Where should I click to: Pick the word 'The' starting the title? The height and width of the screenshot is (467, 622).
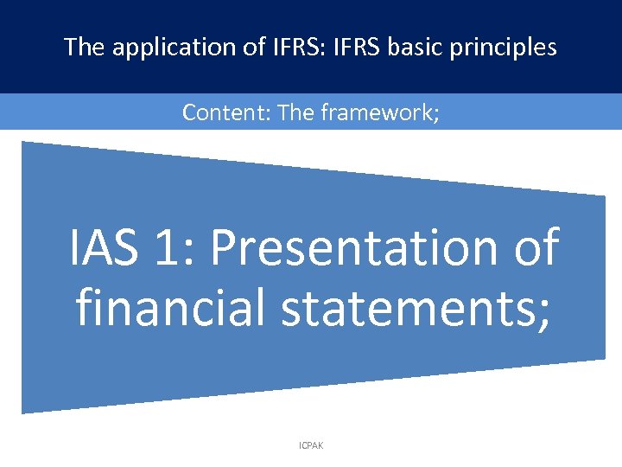84,47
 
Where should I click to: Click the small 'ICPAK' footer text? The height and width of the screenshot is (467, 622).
310,445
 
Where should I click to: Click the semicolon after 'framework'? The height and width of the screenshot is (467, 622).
436,114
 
